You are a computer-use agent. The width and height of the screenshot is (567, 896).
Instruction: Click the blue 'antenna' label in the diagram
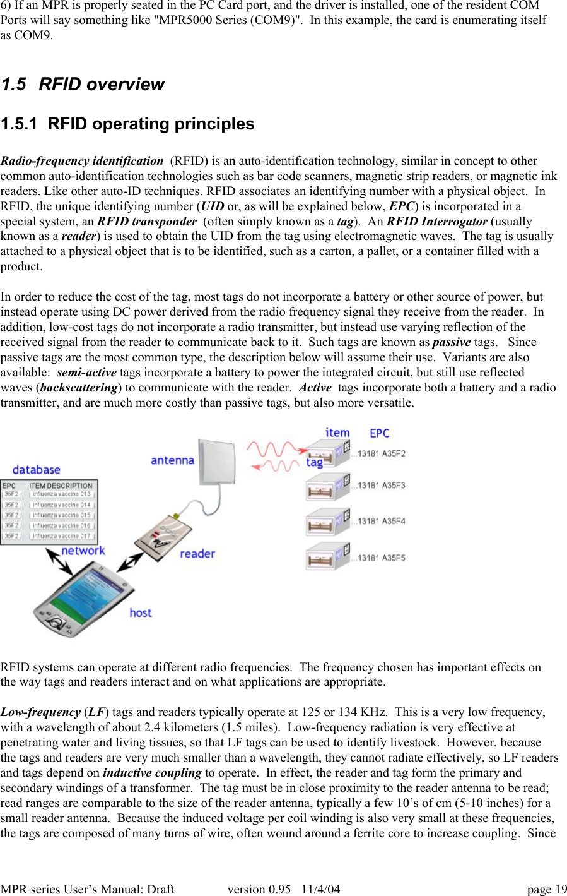click(x=172, y=460)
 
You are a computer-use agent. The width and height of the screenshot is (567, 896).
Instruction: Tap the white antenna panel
click(x=217, y=460)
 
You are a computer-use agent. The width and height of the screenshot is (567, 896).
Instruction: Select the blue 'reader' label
click(x=197, y=554)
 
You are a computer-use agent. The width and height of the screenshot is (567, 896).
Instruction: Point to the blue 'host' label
click(x=141, y=612)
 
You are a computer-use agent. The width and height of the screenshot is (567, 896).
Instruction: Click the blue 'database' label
click(x=36, y=470)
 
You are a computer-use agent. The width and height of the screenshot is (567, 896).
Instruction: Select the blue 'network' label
click(x=83, y=551)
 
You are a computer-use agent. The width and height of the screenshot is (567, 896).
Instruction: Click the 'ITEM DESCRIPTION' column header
click(x=61, y=486)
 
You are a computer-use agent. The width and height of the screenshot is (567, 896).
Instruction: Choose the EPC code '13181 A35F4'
click(x=382, y=522)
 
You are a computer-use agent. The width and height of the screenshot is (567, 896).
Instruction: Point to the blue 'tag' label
click(x=314, y=462)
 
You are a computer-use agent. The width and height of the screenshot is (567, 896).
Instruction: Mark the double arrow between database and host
click(x=59, y=561)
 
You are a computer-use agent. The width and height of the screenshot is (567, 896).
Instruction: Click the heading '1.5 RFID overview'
click(x=82, y=84)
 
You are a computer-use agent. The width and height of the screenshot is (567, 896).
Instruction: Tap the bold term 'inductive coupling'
click(x=152, y=773)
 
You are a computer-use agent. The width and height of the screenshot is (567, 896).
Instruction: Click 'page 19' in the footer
click(x=547, y=889)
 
